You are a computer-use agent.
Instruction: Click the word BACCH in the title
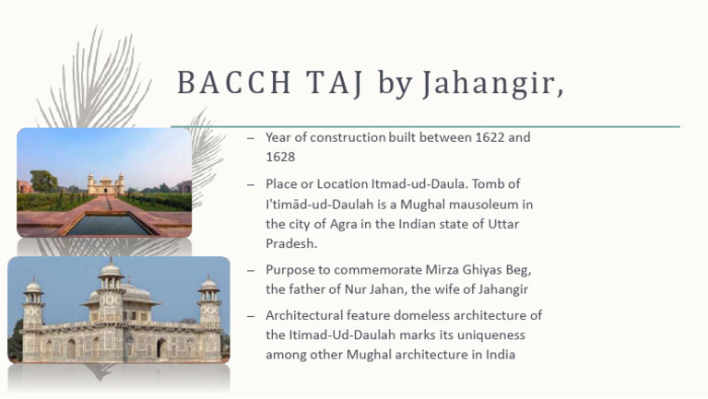(x=234, y=83)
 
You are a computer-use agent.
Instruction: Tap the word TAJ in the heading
(x=335, y=84)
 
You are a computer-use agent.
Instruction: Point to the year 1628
(x=280, y=157)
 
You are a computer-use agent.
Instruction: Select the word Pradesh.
(x=291, y=244)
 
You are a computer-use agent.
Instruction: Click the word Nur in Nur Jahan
(x=355, y=289)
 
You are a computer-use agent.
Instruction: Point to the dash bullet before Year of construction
(x=251, y=138)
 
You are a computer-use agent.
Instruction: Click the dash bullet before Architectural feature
(x=251, y=316)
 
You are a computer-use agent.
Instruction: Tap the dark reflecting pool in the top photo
(x=110, y=225)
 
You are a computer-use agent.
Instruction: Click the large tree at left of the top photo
(x=43, y=181)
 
